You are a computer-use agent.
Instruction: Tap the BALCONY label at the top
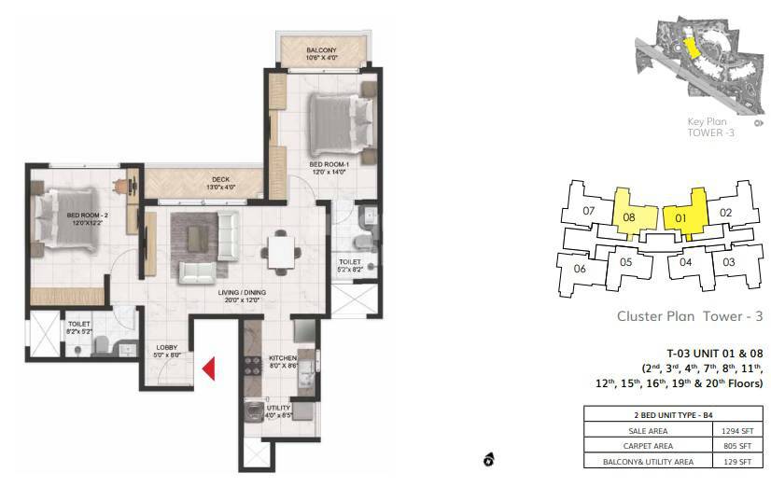pos(321,49)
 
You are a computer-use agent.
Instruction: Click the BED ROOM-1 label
pos(328,164)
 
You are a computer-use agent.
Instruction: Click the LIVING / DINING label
pos(243,292)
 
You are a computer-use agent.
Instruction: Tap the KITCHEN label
pos(282,357)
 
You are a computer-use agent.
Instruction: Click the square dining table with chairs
pos(282,249)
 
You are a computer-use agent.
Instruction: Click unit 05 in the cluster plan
pos(626,262)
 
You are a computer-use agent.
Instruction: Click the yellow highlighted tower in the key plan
pos(691,49)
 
